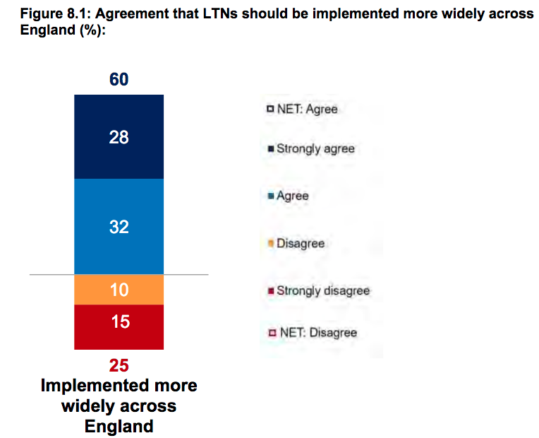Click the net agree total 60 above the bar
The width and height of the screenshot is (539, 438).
(119, 79)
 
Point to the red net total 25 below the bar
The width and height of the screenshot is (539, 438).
(119, 365)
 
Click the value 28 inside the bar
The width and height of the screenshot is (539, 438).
(119, 137)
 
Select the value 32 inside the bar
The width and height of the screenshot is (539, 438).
(119, 227)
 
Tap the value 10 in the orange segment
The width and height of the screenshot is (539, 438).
(119, 289)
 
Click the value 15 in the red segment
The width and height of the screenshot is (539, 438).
(119, 322)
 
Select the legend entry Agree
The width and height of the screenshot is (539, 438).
(292, 196)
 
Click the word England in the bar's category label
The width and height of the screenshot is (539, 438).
(119, 427)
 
